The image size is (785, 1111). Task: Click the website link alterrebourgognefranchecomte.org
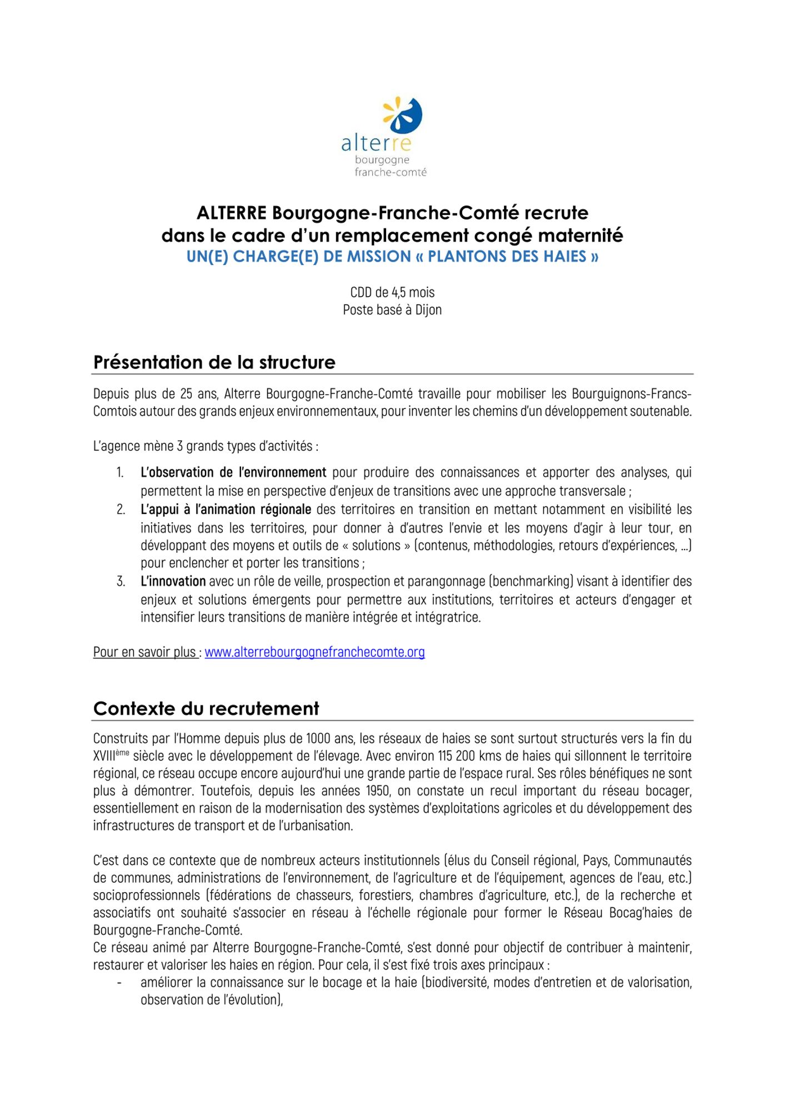pos(314,652)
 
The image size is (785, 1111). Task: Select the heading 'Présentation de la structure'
pos(214,362)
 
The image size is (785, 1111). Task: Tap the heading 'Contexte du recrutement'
pos(206,709)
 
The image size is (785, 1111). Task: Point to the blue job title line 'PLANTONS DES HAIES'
pos(392,257)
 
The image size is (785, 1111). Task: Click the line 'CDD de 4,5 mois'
pos(392,292)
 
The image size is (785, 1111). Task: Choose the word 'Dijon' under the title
pos(428,310)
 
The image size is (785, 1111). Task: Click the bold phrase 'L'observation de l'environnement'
pos(233,473)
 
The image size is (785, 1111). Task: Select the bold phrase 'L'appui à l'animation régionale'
pos(226,509)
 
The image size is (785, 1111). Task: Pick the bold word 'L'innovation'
pos(173,582)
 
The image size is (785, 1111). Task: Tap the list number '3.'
pos(121,582)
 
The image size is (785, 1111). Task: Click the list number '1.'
pos(120,473)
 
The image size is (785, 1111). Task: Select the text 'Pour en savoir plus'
pos(144,652)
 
